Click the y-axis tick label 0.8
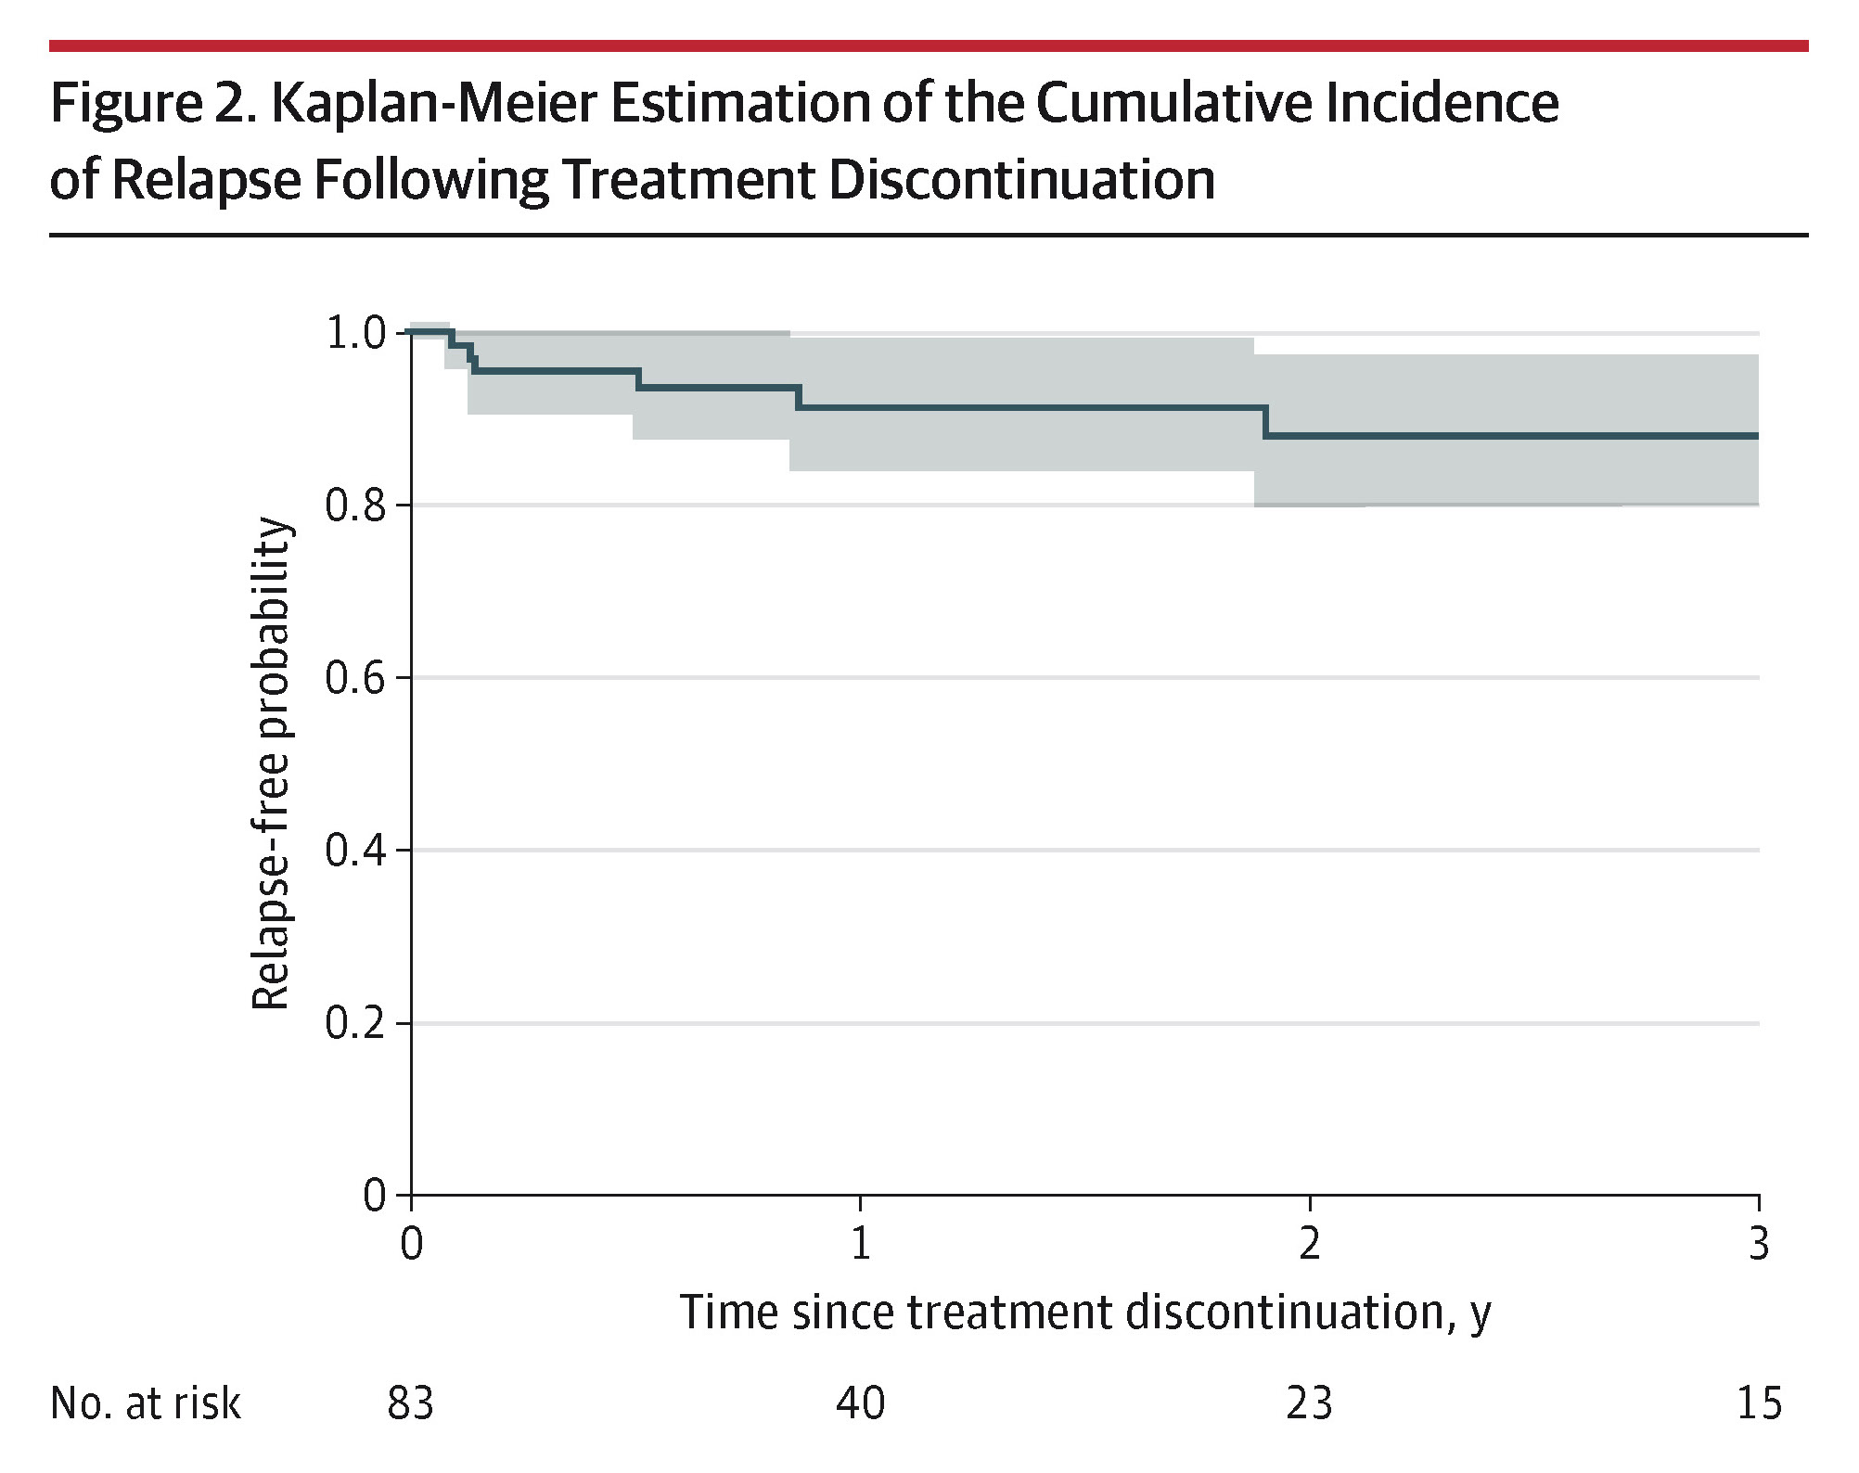354,506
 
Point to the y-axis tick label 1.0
354,334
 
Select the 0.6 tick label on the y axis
354,679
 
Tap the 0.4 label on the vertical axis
354,852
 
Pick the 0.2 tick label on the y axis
354,1024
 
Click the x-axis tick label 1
861,1243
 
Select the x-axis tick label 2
1309,1243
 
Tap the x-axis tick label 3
1758,1243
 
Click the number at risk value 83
410,1403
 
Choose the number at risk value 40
860,1403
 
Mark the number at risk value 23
1309,1403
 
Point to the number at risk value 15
1759,1403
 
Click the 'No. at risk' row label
146,1403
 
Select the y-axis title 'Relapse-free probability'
271,764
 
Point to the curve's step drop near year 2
1265,422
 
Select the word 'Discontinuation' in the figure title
1021,180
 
